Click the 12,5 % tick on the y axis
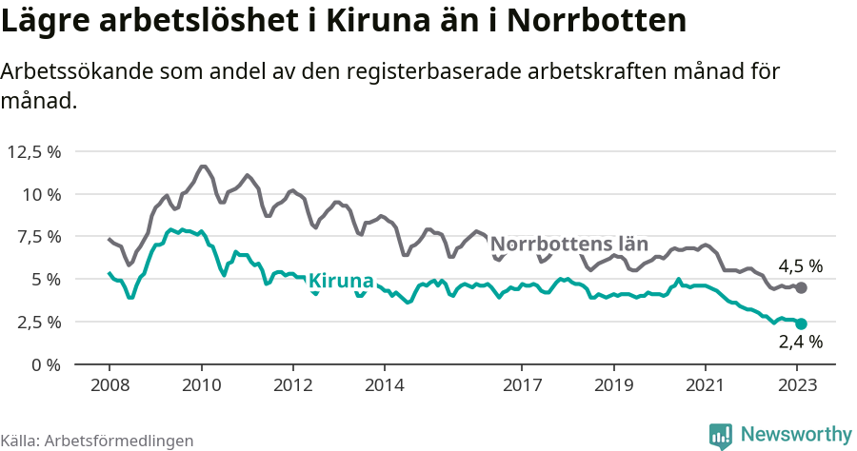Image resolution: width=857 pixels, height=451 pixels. pyautogui.click(x=34, y=151)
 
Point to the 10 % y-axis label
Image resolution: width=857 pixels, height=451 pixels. pyautogui.click(x=41, y=194)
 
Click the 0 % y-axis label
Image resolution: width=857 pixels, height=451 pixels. pyautogui.click(x=47, y=364)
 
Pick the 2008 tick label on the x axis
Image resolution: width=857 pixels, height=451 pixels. pyautogui.click(x=109, y=385)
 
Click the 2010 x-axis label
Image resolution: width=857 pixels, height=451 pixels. pyautogui.click(x=201, y=385)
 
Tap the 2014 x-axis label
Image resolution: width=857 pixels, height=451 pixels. pyautogui.click(x=384, y=385)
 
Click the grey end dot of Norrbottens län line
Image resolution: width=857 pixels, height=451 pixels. pyautogui.click(x=801, y=287)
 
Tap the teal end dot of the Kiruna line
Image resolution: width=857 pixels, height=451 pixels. pyautogui.click(x=801, y=324)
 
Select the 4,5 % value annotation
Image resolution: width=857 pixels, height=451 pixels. pyautogui.click(x=800, y=266)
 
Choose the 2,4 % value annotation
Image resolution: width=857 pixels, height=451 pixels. pyautogui.click(x=800, y=343)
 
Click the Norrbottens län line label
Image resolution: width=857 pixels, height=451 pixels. pyautogui.click(x=575, y=244)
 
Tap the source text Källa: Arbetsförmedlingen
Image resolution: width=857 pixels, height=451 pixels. pyautogui.click(x=97, y=441)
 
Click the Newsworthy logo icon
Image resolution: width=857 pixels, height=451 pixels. pyautogui.click(x=721, y=435)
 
